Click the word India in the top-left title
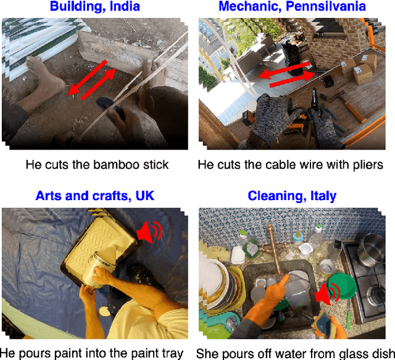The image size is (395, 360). (125, 6)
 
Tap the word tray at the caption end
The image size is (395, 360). (173, 354)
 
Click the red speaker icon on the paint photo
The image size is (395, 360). (149, 232)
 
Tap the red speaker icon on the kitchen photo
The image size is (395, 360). (328, 294)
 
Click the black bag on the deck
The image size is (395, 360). (293, 58)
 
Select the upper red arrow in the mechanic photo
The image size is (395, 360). (284, 70)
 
